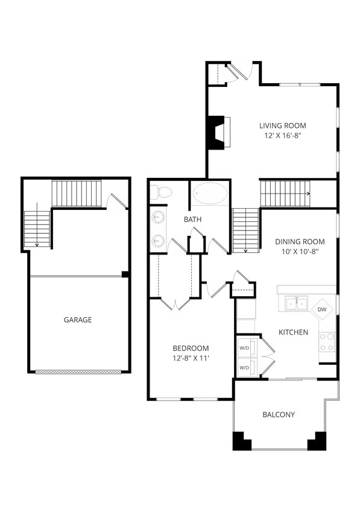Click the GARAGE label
(78, 320)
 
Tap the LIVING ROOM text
(282, 125)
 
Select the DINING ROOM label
(300, 241)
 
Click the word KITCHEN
(293, 332)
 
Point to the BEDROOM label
(191, 348)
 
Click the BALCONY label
(279, 414)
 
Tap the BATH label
(192, 220)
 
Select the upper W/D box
(245, 348)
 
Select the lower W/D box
(245, 367)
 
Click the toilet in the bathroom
(161, 192)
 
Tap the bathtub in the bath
(210, 194)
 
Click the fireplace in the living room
(216, 132)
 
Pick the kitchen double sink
(295, 303)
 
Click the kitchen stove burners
(327, 342)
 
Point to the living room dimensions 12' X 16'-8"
(282, 136)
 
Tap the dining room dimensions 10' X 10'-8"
(300, 251)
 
